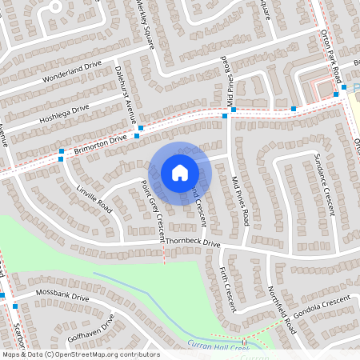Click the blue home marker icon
tap(180, 173)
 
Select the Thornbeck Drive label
tap(192, 242)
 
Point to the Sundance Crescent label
tap(323, 184)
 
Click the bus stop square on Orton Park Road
tap(336, 94)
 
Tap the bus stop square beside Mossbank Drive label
tap(14, 306)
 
